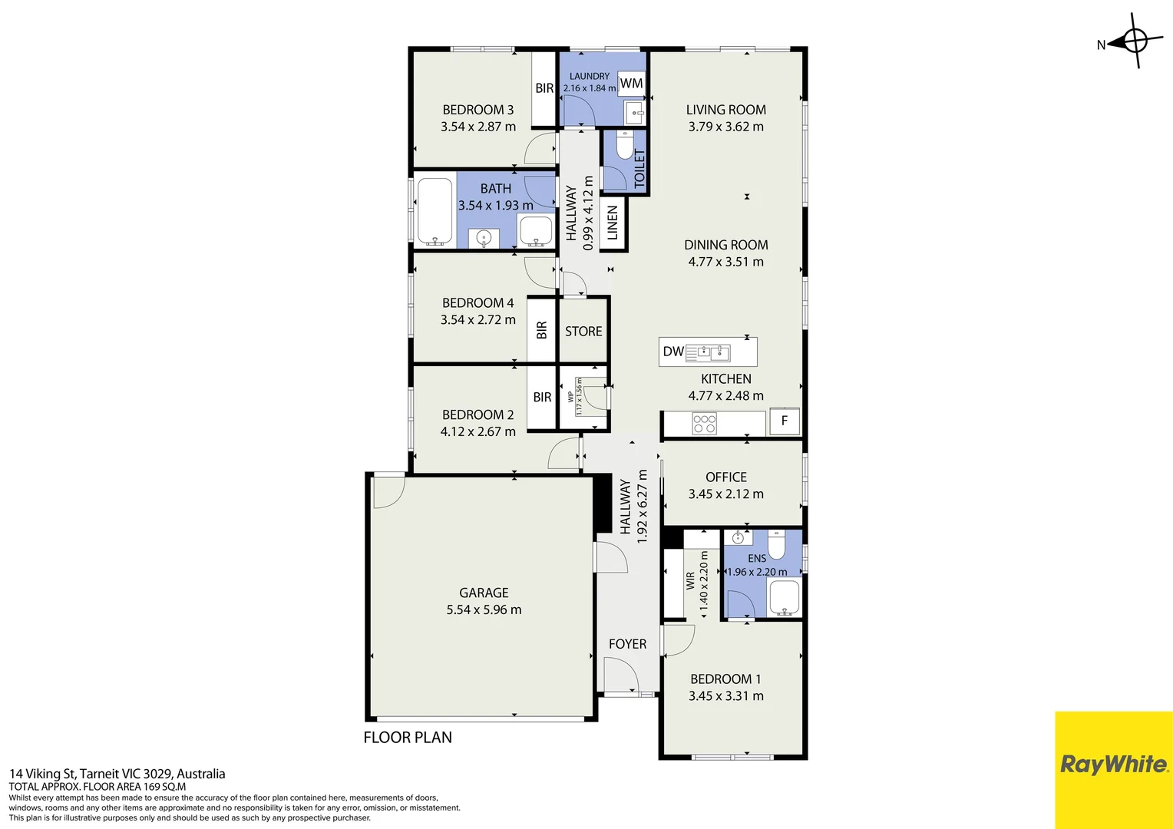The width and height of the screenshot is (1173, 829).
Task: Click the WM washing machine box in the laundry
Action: (x=631, y=83)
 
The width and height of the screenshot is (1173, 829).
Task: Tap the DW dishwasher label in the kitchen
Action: (x=673, y=352)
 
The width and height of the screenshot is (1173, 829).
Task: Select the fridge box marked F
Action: (x=785, y=421)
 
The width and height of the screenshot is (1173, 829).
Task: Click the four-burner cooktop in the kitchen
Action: (x=704, y=424)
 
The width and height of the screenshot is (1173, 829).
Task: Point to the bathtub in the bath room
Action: (x=435, y=212)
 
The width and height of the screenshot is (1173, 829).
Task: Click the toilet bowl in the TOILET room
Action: (x=625, y=144)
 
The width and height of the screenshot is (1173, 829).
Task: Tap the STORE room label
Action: (x=583, y=332)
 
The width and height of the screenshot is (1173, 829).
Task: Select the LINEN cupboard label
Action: (x=613, y=223)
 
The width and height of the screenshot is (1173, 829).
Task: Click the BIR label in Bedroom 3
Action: (x=544, y=88)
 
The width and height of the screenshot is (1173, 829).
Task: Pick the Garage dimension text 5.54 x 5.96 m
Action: (x=484, y=609)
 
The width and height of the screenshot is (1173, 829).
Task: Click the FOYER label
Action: (x=627, y=644)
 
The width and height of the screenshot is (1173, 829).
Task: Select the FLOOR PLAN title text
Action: (x=408, y=738)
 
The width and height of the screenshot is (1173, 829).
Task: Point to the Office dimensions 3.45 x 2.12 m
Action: (x=725, y=494)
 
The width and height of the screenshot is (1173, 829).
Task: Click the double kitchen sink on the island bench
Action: (x=708, y=353)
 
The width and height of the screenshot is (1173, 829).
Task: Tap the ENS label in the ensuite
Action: (x=757, y=559)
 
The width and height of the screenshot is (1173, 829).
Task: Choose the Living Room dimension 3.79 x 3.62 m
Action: (x=725, y=127)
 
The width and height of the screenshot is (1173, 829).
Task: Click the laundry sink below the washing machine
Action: (x=636, y=113)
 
